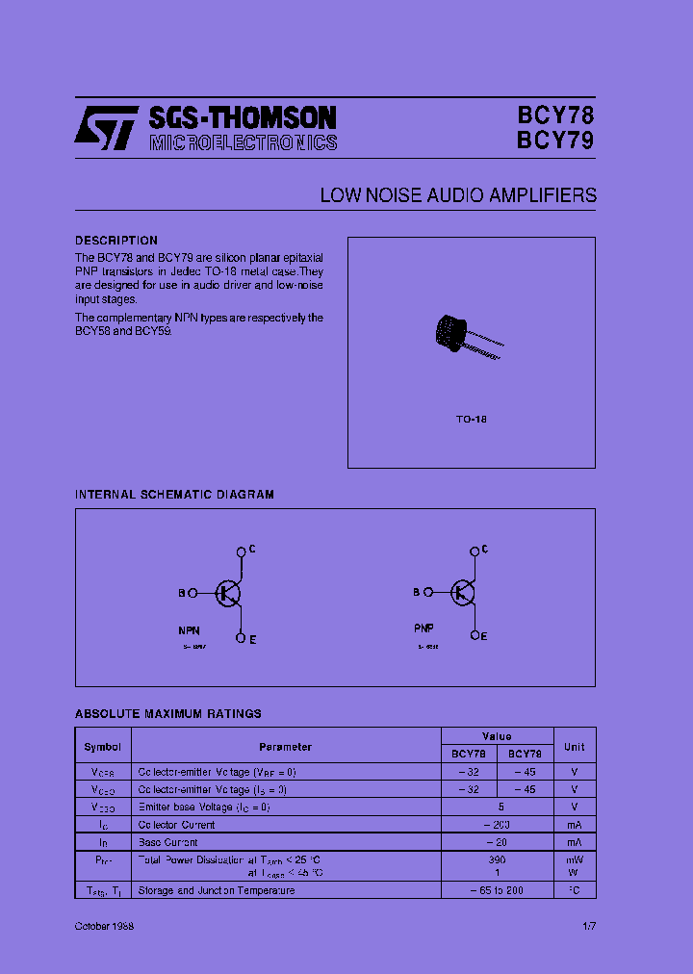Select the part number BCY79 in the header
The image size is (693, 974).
555,141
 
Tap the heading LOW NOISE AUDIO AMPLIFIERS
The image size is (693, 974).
458,195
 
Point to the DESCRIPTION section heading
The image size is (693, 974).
116,241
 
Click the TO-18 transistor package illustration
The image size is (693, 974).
464,337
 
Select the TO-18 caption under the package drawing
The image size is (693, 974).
471,420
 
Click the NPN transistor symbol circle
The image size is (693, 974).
229,593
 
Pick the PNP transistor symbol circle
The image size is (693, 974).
463,593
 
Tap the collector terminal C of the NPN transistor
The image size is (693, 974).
242,551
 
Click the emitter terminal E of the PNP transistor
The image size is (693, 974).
475,635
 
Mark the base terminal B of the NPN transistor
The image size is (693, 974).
192,594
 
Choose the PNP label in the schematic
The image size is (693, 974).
423,627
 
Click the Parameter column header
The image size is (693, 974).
285,747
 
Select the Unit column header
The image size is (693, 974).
574,747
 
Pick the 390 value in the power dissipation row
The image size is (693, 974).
497,859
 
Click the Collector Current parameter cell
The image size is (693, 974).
177,825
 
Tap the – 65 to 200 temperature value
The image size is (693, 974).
497,890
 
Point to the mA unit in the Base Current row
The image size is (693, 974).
574,842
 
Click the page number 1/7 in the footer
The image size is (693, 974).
589,925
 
